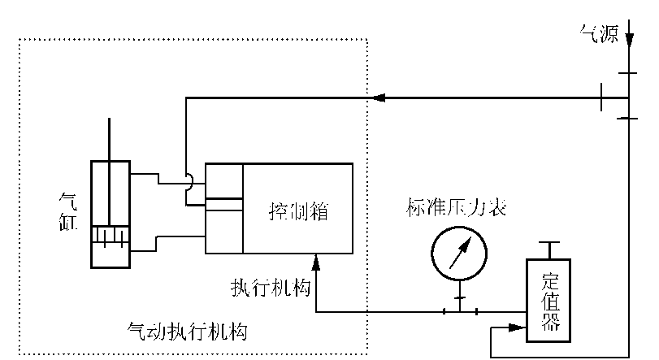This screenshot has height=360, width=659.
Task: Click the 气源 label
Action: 598,33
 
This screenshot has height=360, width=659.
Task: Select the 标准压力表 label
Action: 456,209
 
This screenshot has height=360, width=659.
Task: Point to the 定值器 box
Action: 548,299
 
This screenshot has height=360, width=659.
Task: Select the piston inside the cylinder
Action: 110,235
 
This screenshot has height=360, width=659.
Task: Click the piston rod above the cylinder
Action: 110,139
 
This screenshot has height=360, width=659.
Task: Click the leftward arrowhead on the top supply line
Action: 379,98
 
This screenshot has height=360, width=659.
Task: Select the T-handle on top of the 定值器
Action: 548,247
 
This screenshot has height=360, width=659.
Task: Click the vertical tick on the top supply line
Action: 602,98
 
